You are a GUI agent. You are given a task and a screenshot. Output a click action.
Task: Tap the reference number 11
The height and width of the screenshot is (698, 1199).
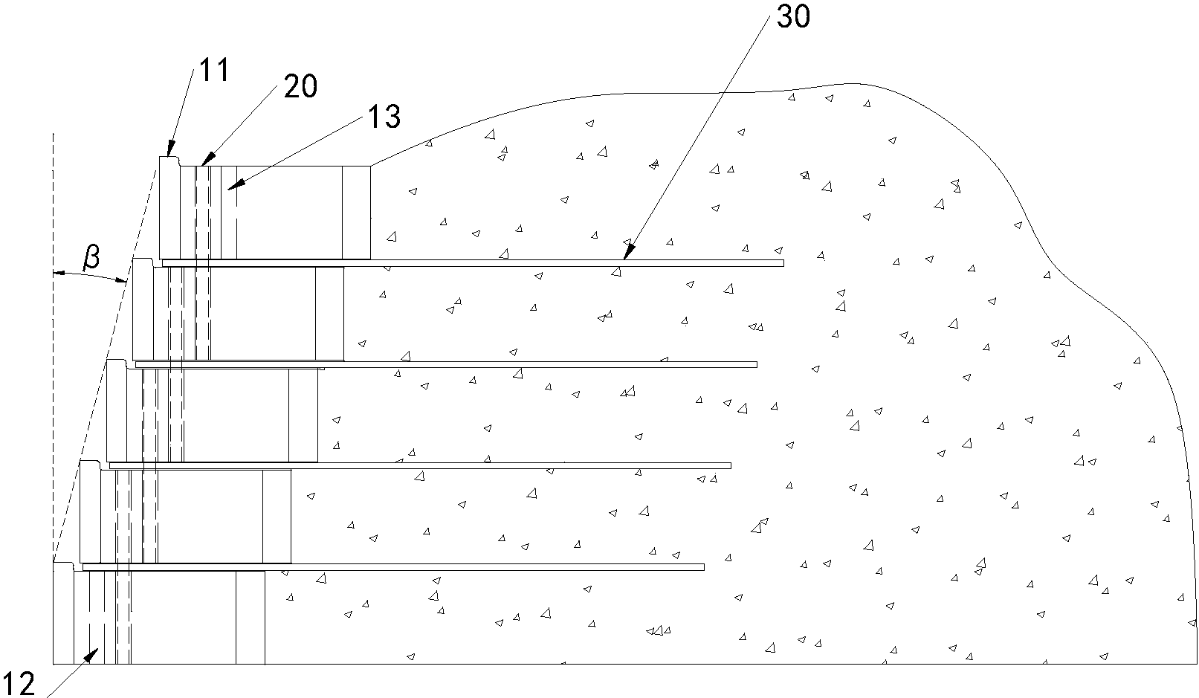215,70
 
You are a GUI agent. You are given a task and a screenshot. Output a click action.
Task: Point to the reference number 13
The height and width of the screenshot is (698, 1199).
384,116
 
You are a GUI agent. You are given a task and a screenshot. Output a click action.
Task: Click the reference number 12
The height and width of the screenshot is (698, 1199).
19,683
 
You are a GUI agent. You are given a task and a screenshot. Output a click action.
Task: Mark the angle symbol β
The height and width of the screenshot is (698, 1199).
91,258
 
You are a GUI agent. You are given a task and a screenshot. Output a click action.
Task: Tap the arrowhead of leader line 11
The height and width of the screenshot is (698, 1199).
170,148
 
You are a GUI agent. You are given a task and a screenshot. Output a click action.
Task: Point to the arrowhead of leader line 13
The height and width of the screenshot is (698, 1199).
235,184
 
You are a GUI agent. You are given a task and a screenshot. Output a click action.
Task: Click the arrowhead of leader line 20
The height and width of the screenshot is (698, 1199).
207,158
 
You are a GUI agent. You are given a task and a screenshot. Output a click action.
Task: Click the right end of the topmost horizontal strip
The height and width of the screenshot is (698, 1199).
783,263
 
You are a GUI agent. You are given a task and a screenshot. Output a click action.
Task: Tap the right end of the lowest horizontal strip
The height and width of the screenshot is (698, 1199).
704,567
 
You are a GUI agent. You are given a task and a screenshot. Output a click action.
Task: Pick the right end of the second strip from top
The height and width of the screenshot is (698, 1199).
757,364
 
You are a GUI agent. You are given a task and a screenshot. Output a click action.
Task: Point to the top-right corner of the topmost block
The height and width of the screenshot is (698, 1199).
370,166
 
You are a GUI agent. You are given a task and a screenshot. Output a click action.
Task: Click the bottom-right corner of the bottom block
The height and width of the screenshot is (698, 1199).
265,665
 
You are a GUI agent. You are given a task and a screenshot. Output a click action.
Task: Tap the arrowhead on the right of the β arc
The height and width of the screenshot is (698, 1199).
123,279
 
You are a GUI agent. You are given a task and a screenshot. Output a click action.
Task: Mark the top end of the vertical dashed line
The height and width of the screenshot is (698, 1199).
53,133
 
